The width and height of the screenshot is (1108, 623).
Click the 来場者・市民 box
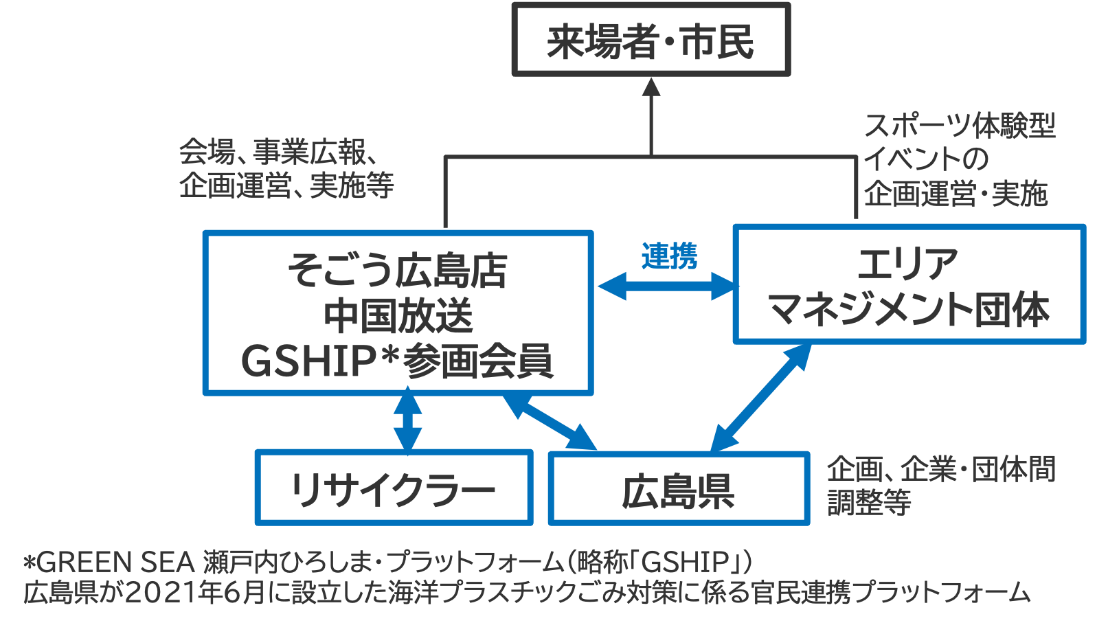[x=651, y=40]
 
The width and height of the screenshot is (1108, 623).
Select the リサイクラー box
[x=394, y=488]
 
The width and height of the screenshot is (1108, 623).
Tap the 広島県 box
[x=679, y=490]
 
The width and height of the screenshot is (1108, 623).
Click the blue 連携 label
[x=669, y=256]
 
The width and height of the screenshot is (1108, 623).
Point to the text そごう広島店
[x=397, y=270]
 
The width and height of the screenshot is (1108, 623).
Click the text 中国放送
[x=398, y=315]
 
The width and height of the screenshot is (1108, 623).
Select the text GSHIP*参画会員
[x=397, y=361]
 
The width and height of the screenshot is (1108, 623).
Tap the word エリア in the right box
[x=908, y=264]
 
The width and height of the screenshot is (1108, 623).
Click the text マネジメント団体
[x=909, y=309]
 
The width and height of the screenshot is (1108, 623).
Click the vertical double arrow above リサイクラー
[x=408, y=420]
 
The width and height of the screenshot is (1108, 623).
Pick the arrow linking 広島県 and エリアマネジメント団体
[x=760, y=398]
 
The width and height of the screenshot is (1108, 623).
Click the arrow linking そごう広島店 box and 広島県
[x=550, y=422]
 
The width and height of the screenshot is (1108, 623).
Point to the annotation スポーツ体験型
[x=959, y=126]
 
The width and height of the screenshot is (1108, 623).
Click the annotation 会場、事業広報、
[x=278, y=152]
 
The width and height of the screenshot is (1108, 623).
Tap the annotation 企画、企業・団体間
[x=940, y=469]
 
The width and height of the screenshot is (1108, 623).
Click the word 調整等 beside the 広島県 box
[x=869, y=502]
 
